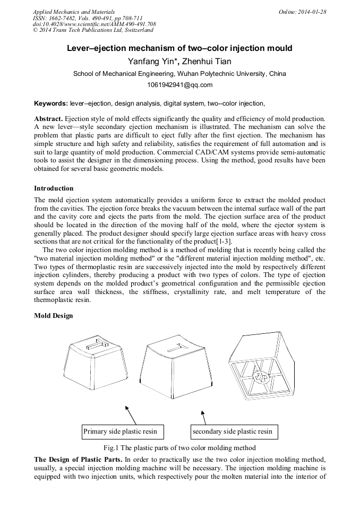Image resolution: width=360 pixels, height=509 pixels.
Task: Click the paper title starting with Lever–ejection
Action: (x=179, y=48)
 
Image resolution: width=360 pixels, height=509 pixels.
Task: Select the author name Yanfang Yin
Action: (x=152, y=61)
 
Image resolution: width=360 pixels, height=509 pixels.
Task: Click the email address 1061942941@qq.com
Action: (x=179, y=85)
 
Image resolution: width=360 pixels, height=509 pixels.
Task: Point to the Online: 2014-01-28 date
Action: (x=303, y=12)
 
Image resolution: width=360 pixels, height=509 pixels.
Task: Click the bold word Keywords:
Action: (x=51, y=103)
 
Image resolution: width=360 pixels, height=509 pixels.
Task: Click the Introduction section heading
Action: (x=54, y=188)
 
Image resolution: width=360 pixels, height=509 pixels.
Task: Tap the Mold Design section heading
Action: (x=54, y=316)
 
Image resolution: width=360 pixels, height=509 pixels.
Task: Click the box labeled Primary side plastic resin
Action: (x=123, y=432)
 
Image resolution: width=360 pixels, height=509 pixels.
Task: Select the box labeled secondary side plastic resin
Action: (x=234, y=432)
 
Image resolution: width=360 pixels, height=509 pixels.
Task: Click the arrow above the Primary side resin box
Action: (x=131, y=415)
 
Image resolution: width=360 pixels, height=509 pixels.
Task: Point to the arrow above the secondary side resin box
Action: (x=203, y=417)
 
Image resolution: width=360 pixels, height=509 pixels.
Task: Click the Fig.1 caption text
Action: (x=179, y=447)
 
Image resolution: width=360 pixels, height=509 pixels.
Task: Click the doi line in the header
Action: (x=95, y=24)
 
